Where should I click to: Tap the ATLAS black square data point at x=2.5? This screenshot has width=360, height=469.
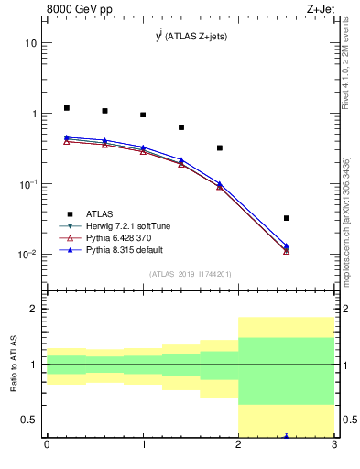click(x=287, y=218)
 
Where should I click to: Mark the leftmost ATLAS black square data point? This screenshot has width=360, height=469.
click(x=67, y=108)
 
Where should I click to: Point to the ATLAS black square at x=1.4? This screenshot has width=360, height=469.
click(x=181, y=127)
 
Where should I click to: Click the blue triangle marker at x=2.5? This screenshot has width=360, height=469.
click(x=287, y=245)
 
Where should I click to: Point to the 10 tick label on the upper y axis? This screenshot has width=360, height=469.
click(x=30, y=43)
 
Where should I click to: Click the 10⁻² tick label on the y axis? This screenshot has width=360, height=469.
click(x=27, y=255)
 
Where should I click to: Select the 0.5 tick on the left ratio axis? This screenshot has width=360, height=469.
click(x=29, y=420)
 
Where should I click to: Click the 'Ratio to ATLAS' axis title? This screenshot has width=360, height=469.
click(x=14, y=365)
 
